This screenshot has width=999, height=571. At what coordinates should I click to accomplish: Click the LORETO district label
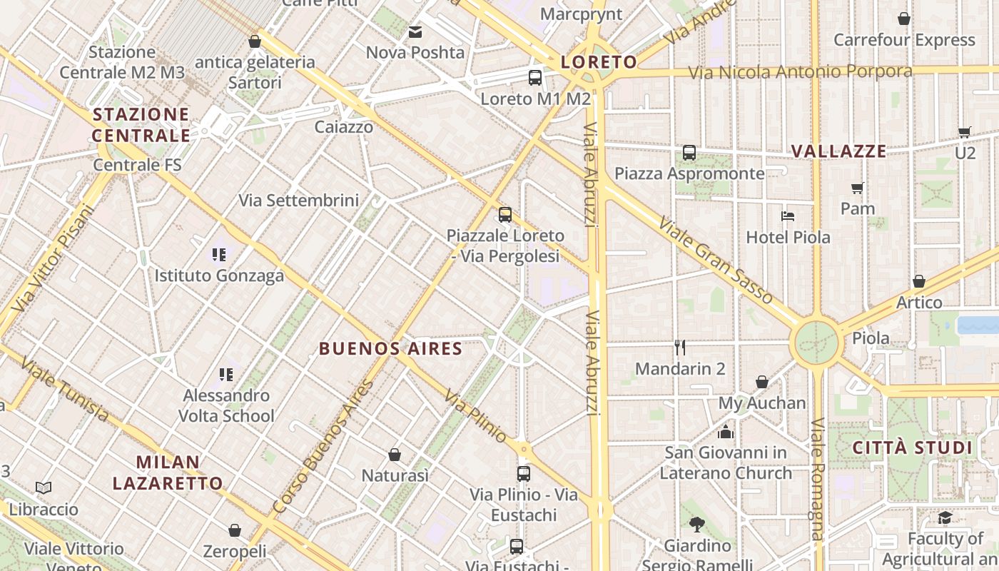pos(598,62)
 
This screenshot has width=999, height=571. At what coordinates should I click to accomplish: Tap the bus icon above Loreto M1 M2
pos(534,78)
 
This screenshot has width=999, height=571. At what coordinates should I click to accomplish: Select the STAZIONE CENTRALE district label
pos(141,125)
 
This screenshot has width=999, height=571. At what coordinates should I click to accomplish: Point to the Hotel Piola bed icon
pos(788,216)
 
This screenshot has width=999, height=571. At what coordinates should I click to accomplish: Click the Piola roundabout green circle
pos(816,343)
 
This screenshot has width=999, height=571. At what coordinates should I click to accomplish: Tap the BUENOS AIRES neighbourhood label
pos(390,349)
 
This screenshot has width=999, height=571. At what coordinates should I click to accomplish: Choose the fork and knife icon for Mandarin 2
pos(680,348)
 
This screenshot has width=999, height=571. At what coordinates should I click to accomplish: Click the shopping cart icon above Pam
pos(857,188)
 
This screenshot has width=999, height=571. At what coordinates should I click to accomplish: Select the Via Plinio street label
pos(475,415)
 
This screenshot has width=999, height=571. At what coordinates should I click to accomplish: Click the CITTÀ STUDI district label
pos(913,448)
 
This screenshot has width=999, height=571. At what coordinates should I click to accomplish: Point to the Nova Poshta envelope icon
pos(415,31)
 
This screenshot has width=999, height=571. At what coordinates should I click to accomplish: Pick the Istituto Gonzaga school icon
pos(219,254)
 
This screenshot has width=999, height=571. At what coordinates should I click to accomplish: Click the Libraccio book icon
pos(44,487)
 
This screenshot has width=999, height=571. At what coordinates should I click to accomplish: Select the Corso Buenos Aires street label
pos(323,448)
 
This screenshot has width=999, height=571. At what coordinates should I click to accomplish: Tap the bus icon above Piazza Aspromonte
pos(689,152)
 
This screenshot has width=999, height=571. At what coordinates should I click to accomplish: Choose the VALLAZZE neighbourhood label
pos(838,151)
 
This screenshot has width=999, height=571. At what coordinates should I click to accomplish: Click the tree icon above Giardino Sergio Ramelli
pos(697,525)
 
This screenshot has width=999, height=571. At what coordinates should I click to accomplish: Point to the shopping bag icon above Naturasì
pos(395,455)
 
